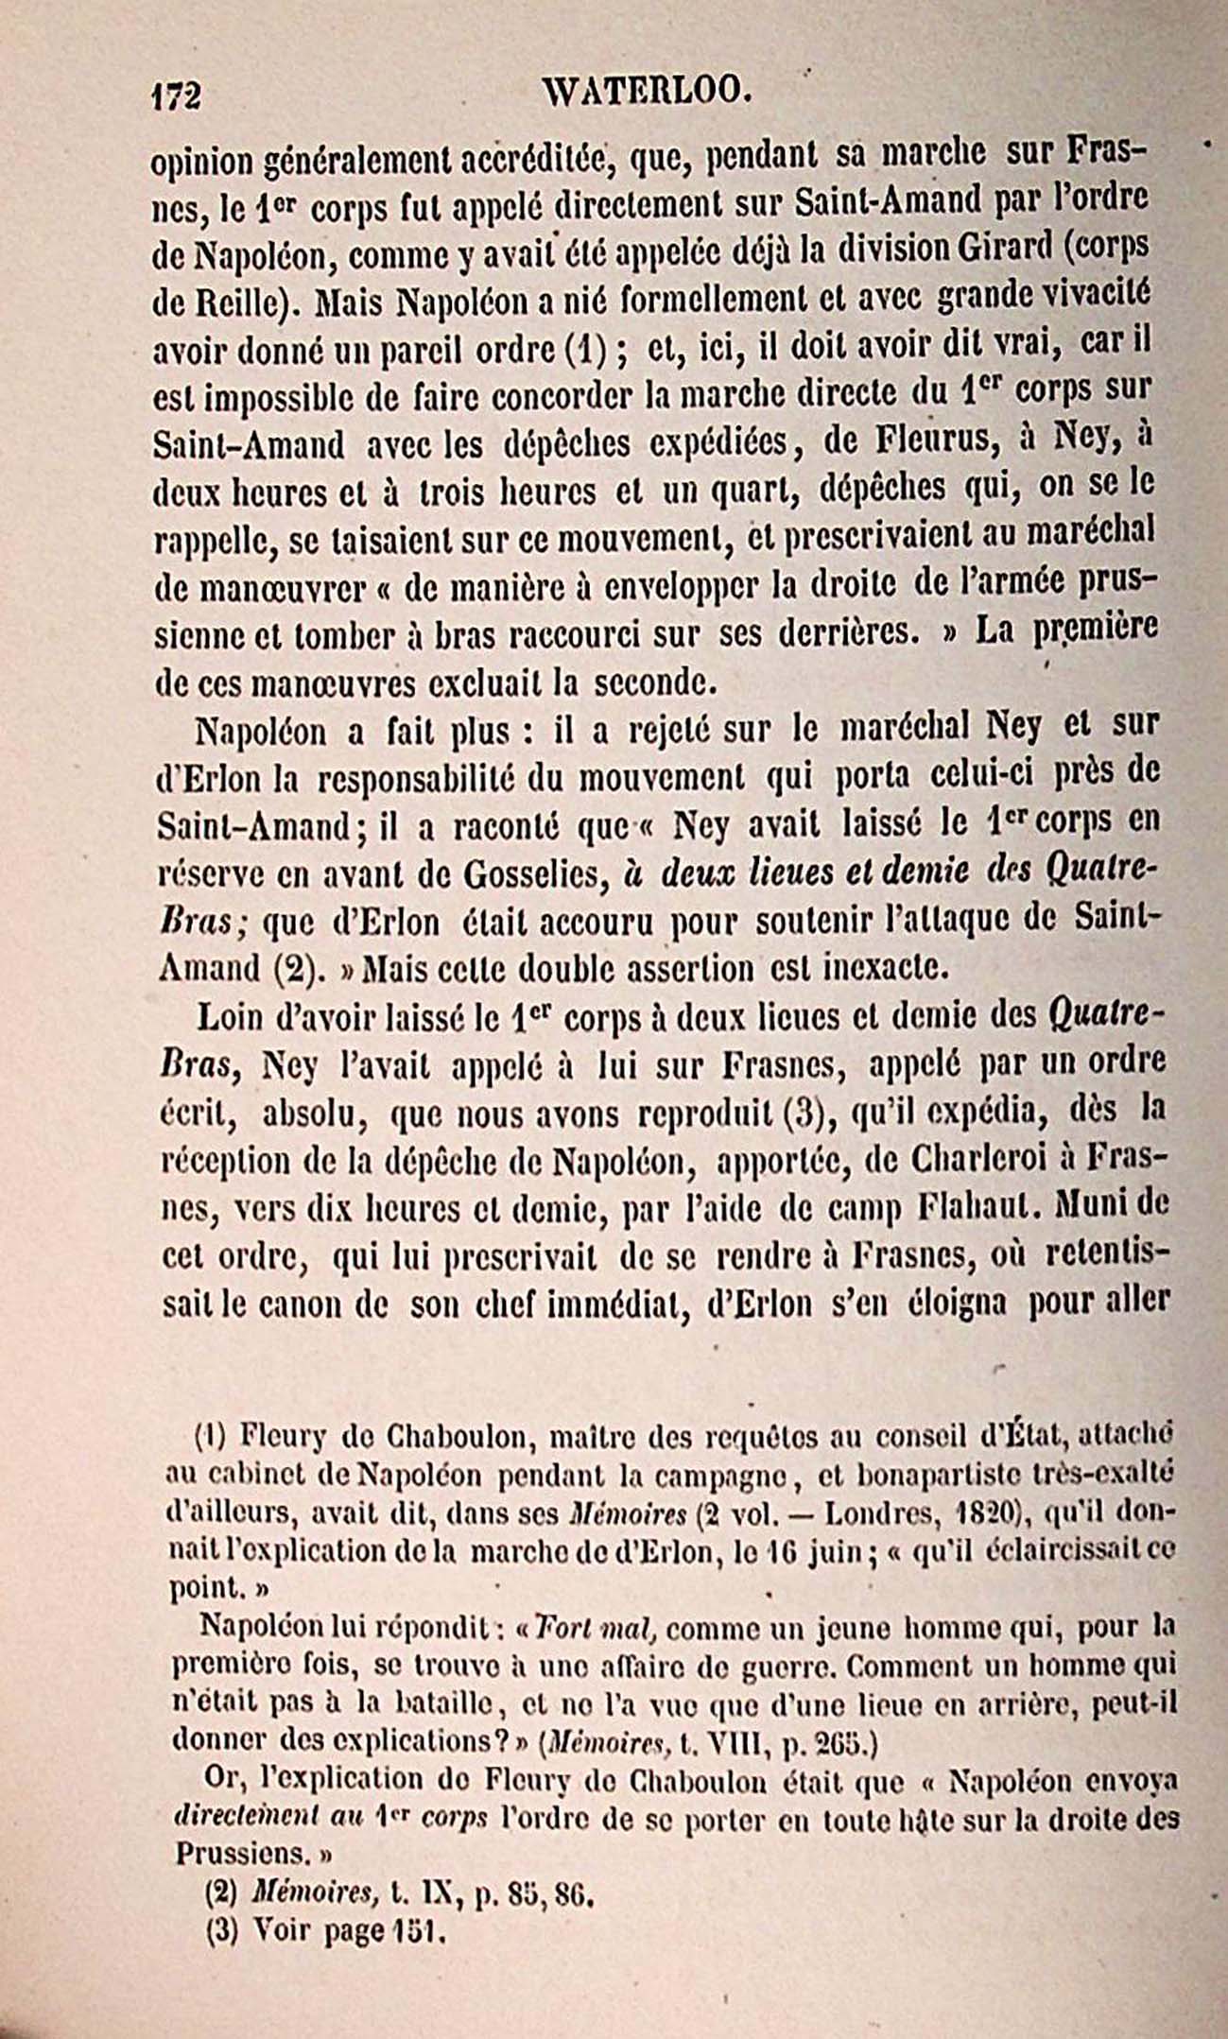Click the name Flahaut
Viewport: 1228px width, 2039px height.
977,1209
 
